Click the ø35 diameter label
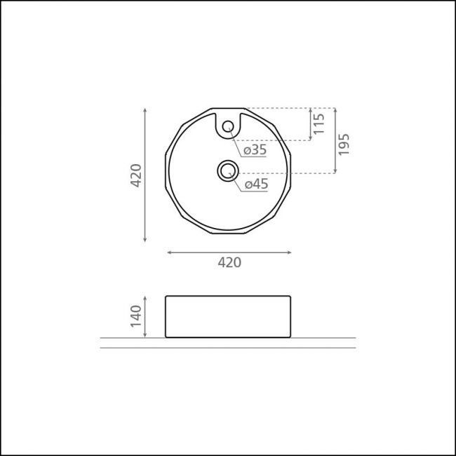tap(255, 150)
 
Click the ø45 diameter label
tap(256, 184)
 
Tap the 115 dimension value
tap(319, 123)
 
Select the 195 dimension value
tap(344, 145)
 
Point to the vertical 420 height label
tap(136, 175)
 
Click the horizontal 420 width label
tap(229, 262)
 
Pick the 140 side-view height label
tap(136, 316)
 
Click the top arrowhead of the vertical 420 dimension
tap(145, 109)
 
